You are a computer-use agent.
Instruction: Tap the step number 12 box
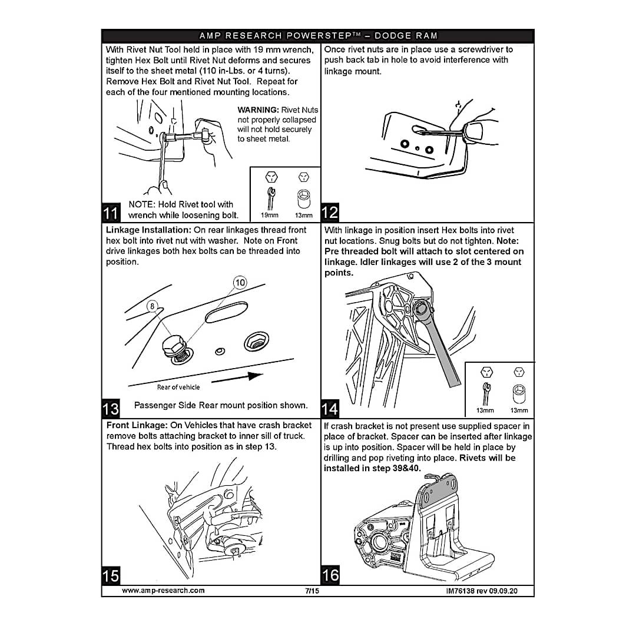(330, 212)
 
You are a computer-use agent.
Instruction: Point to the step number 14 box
(330, 409)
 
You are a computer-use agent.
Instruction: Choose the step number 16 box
(330, 575)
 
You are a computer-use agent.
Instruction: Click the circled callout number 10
(240, 282)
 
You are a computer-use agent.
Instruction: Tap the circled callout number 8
(152, 306)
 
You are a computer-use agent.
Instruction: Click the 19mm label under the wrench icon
(269, 215)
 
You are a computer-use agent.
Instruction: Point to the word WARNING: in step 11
(258, 110)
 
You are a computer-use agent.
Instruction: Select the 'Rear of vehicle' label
(178, 387)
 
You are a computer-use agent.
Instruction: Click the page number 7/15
(312, 591)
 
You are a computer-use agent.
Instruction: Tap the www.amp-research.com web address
(163, 591)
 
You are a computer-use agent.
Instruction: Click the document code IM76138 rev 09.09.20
(482, 591)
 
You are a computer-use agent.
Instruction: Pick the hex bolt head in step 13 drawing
(174, 344)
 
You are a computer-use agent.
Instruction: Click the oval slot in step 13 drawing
(226, 312)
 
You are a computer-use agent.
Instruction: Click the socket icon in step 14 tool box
(519, 393)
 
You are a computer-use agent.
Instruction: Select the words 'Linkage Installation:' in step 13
(148, 230)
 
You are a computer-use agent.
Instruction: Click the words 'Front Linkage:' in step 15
(137, 426)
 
